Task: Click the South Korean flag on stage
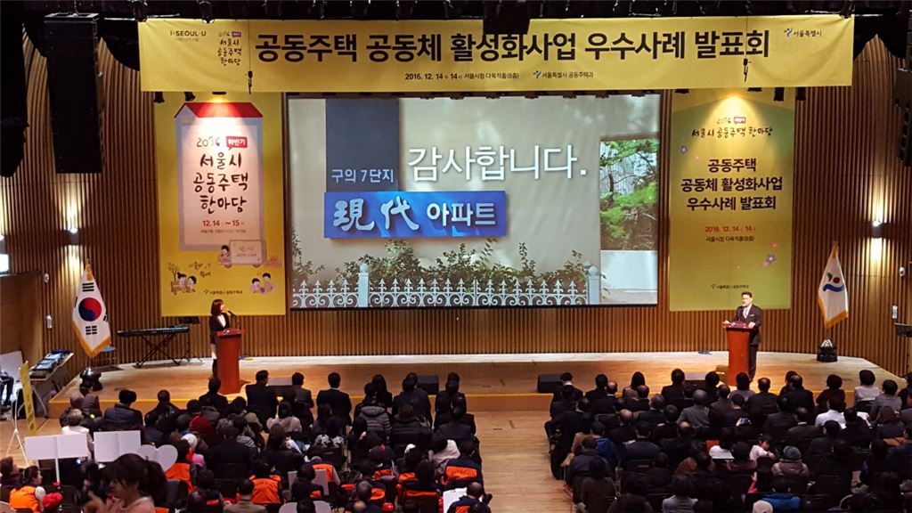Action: [90, 312]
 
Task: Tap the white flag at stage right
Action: [833, 288]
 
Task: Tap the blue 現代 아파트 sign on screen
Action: [415, 214]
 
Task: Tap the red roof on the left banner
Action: [220, 110]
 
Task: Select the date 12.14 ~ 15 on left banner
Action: [222, 224]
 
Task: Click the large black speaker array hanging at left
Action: [74, 94]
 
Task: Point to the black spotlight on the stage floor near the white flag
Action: [826, 351]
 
